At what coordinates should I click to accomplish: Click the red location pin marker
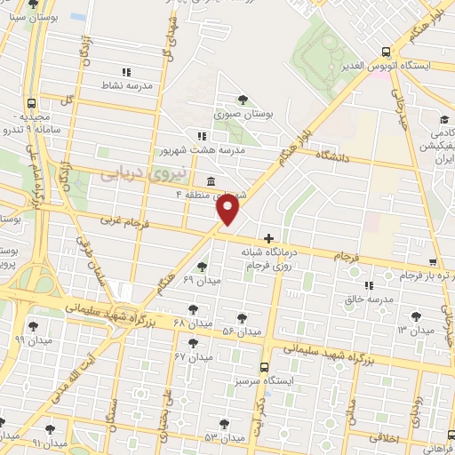tap(228, 210)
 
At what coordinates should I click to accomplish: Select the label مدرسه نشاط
tap(127, 86)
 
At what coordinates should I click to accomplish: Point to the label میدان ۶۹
tap(201, 281)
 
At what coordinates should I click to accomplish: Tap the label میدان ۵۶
tap(242, 331)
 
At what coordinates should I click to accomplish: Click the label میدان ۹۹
tap(33, 339)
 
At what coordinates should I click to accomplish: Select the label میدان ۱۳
tap(415, 330)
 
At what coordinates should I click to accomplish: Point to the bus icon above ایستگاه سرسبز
tap(263, 366)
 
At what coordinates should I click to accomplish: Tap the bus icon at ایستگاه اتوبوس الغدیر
tap(385, 52)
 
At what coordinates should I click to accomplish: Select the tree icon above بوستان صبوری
tap(243, 100)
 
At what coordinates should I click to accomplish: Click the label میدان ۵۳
tap(224, 438)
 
